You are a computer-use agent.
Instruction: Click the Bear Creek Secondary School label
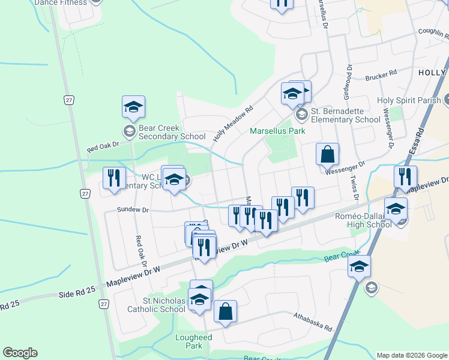(x=172, y=132)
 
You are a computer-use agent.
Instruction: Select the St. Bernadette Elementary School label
(x=345, y=115)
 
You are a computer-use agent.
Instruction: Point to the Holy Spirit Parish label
(x=409, y=100)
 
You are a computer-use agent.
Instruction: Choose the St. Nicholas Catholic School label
(x=155, y=305)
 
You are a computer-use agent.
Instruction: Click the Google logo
(x=20, y=353)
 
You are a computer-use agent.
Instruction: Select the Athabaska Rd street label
(x=313, y=322)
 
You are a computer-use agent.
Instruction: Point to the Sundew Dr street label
(x=132, y=210)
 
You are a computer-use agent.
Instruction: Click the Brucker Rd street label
(x=381, y=76)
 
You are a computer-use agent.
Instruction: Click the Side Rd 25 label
(x=77, y=292)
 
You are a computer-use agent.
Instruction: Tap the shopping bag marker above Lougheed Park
(x=225, y=312)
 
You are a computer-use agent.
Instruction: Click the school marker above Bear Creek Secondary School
(x=133, y=107)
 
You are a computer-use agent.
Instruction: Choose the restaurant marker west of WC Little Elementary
(x=112, y=178)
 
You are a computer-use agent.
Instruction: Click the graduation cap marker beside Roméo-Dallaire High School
(x=396, y=209)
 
